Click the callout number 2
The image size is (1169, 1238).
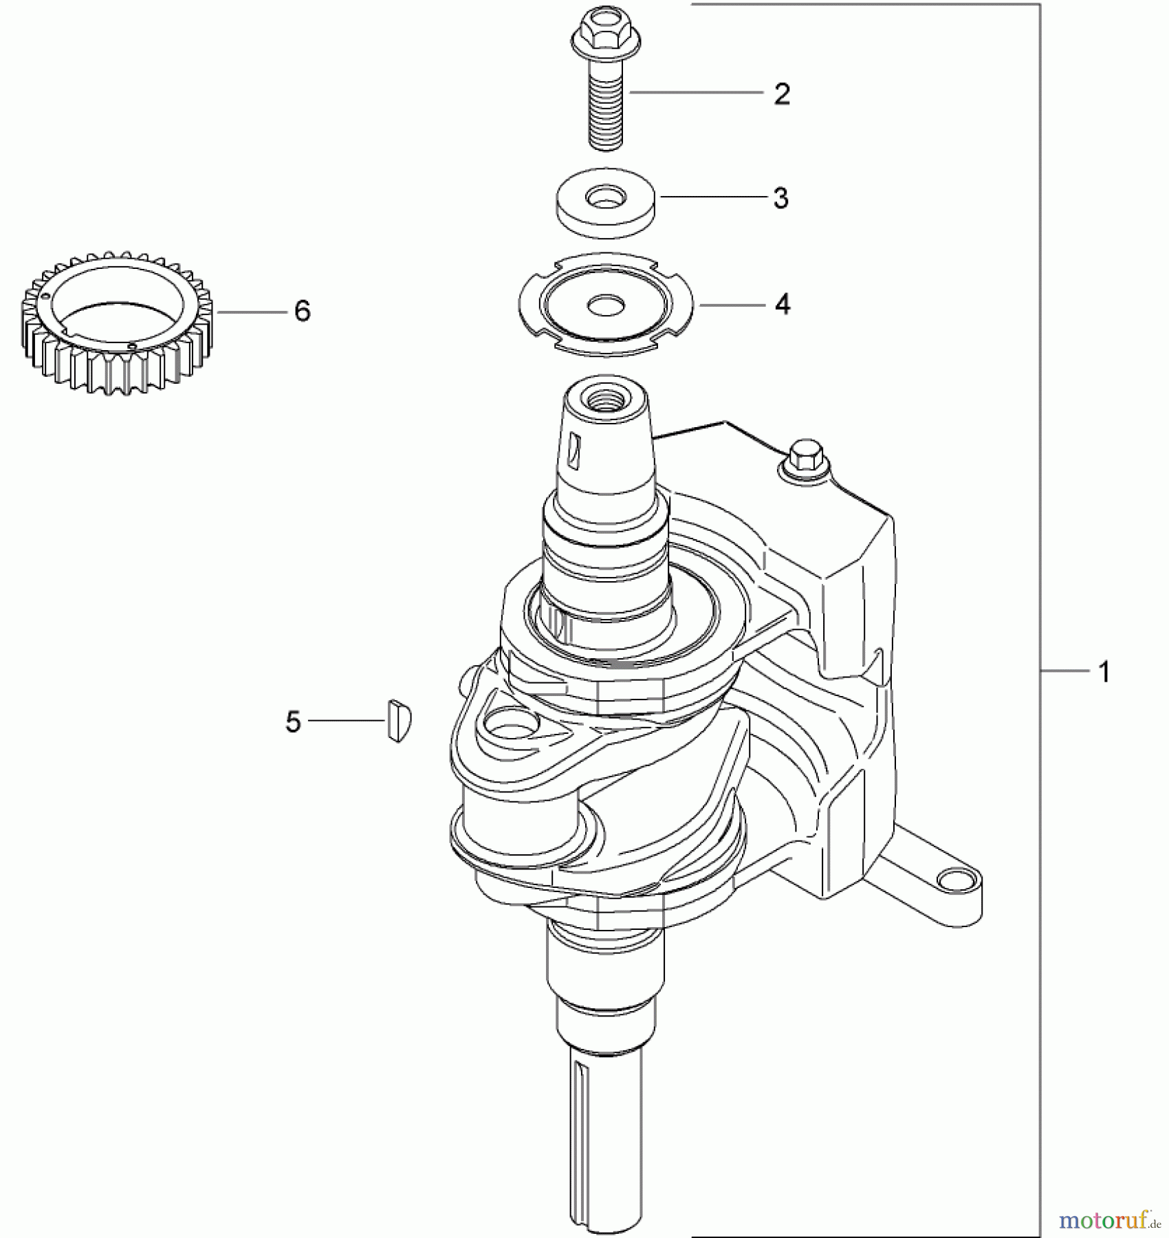coord(782,94)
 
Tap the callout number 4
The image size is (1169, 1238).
coord(783,303)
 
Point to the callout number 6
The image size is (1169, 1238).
coord(303,311)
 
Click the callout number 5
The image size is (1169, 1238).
coord(293,721)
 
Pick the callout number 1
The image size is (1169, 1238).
coord(1104,671)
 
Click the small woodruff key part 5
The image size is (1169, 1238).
coord(398,720)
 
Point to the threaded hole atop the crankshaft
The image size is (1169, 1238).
coord(605,398)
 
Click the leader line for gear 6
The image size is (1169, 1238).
coord(252,312)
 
